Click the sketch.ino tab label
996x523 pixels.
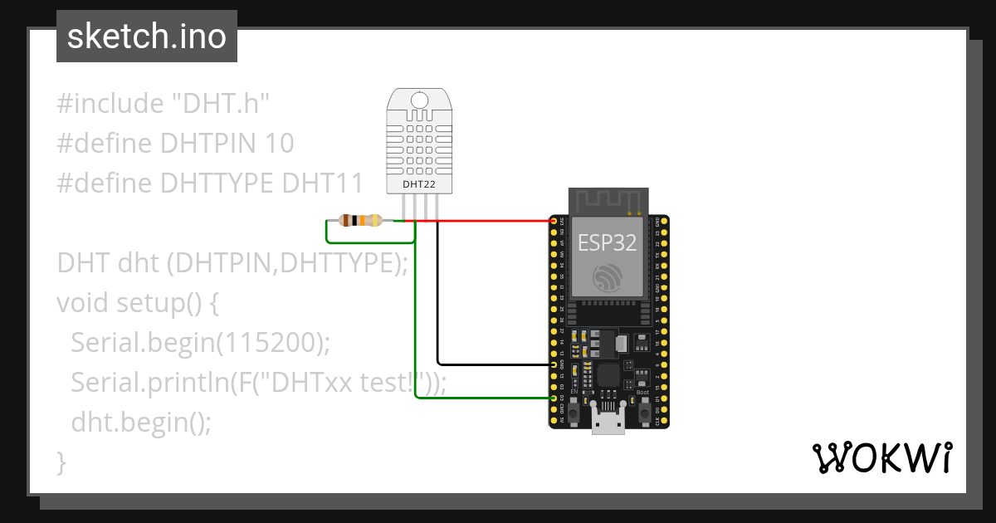[147, 37]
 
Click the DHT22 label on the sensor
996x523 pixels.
[420, 183]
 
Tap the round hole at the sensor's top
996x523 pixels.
[420, 100]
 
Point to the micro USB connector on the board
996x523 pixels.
[608, 423]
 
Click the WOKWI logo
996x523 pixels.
[881, 457]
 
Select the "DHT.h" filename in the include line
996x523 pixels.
[221, 105]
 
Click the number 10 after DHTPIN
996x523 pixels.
[280, 144]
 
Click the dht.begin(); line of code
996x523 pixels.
[141, 422]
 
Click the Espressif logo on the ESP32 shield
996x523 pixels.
[606, 277]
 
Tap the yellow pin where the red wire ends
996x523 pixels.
[554, 222]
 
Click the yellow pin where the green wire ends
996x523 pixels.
[554, 398]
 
